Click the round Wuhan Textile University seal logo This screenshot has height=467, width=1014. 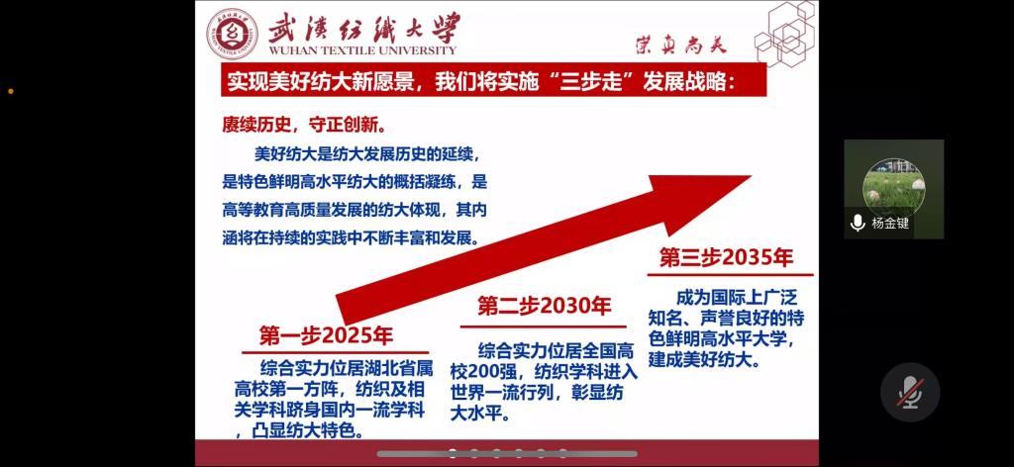232,35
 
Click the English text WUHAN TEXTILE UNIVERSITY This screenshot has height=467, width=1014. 362,50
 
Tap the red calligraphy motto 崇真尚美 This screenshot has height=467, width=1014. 681,44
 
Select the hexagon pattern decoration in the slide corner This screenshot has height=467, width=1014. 785,33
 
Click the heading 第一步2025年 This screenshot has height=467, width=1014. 326,335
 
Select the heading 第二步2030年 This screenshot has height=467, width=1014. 544,306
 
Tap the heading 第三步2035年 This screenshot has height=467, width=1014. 726,257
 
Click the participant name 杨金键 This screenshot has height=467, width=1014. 890,224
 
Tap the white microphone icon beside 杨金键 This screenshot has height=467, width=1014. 858,224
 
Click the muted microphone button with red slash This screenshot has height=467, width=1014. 910,393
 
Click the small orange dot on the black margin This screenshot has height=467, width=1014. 11,91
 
